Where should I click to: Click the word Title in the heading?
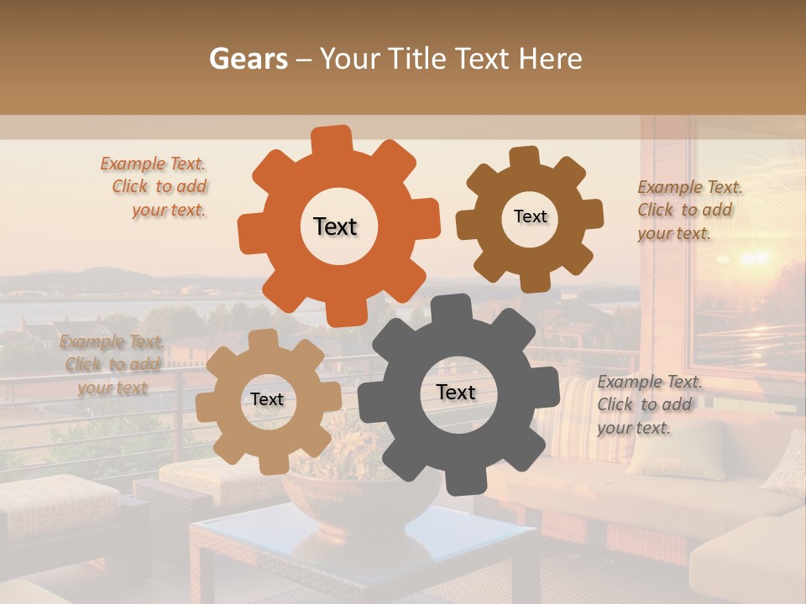point(416,58)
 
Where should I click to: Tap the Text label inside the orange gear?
point(335,226)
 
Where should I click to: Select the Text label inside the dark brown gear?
point(530,216)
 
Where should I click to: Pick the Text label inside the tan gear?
point(267,400)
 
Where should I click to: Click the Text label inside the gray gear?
point(456,393)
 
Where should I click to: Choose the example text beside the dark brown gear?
point(688,210)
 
